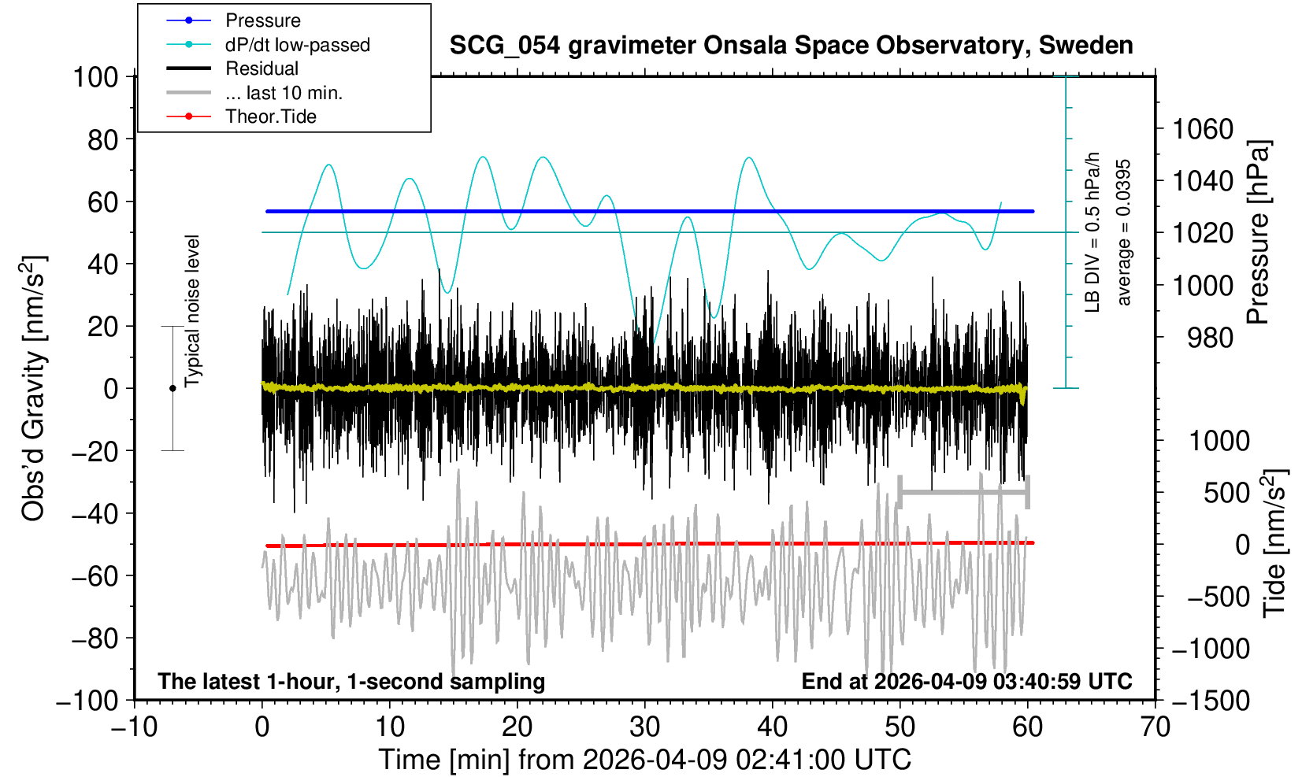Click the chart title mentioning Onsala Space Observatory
791,46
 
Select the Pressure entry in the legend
262,20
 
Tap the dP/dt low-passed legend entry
297,45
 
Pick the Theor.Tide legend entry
270,117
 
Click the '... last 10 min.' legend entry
284,93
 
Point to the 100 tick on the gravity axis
95,77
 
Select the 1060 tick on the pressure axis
1203,128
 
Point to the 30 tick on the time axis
645,726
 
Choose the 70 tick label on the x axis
1155,726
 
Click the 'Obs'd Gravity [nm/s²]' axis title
34,388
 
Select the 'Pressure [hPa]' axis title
1259,232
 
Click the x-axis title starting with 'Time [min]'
644,760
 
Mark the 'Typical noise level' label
192,311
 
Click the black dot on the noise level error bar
172,388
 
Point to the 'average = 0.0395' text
1124,232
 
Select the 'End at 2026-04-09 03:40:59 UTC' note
966,681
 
